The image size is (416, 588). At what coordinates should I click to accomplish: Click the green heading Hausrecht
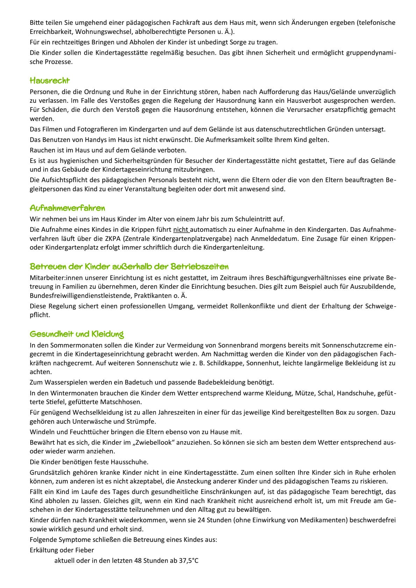(x=50, y=81)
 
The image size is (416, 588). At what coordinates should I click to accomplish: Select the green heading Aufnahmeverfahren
(x=67, y=208)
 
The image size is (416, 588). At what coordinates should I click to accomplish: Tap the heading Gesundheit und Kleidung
(x=77, y=334)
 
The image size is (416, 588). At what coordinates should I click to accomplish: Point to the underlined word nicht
(x=181, y=230)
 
